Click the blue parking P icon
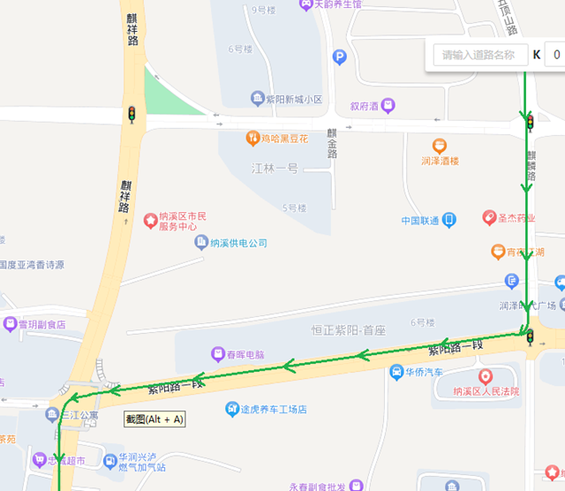tap(340, 57)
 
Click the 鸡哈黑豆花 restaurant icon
tap(252, 139)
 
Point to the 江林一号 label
tap(275, 168)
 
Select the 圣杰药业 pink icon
tap(489, 217)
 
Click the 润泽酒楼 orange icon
tap(440, 146)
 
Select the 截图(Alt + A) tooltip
tap(154, 419)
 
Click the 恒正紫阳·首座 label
tap(349, 330)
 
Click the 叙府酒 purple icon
tap(387, 106)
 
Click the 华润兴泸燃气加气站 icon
tap(110, 460)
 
